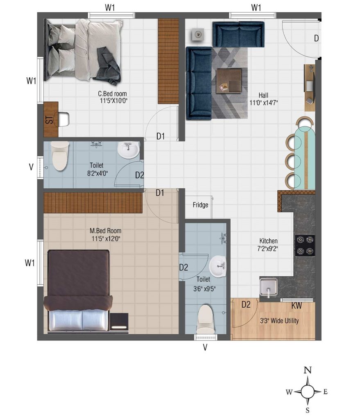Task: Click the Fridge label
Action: coord(200,205)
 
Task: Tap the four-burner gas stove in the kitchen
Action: coord(305,246)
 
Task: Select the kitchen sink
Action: coord(268,287)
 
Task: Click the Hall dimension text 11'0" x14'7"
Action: coord(263,103)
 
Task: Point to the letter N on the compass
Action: coord(308,370)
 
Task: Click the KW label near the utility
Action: coord(297,305)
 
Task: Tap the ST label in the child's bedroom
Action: coord(50,120)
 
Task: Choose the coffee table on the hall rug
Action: coord(229,81)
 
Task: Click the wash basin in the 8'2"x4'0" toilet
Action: coord(128,150)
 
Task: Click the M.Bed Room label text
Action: coord(105,231)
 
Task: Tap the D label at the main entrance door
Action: coord(317,38)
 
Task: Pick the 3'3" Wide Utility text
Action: coord(279,321)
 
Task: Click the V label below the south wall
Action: coord(205,347)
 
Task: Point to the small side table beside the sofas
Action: coord(198,34)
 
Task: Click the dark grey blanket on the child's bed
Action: coord(107,65)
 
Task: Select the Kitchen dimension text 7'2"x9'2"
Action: coord(268,248)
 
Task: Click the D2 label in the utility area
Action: coord(246,304)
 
